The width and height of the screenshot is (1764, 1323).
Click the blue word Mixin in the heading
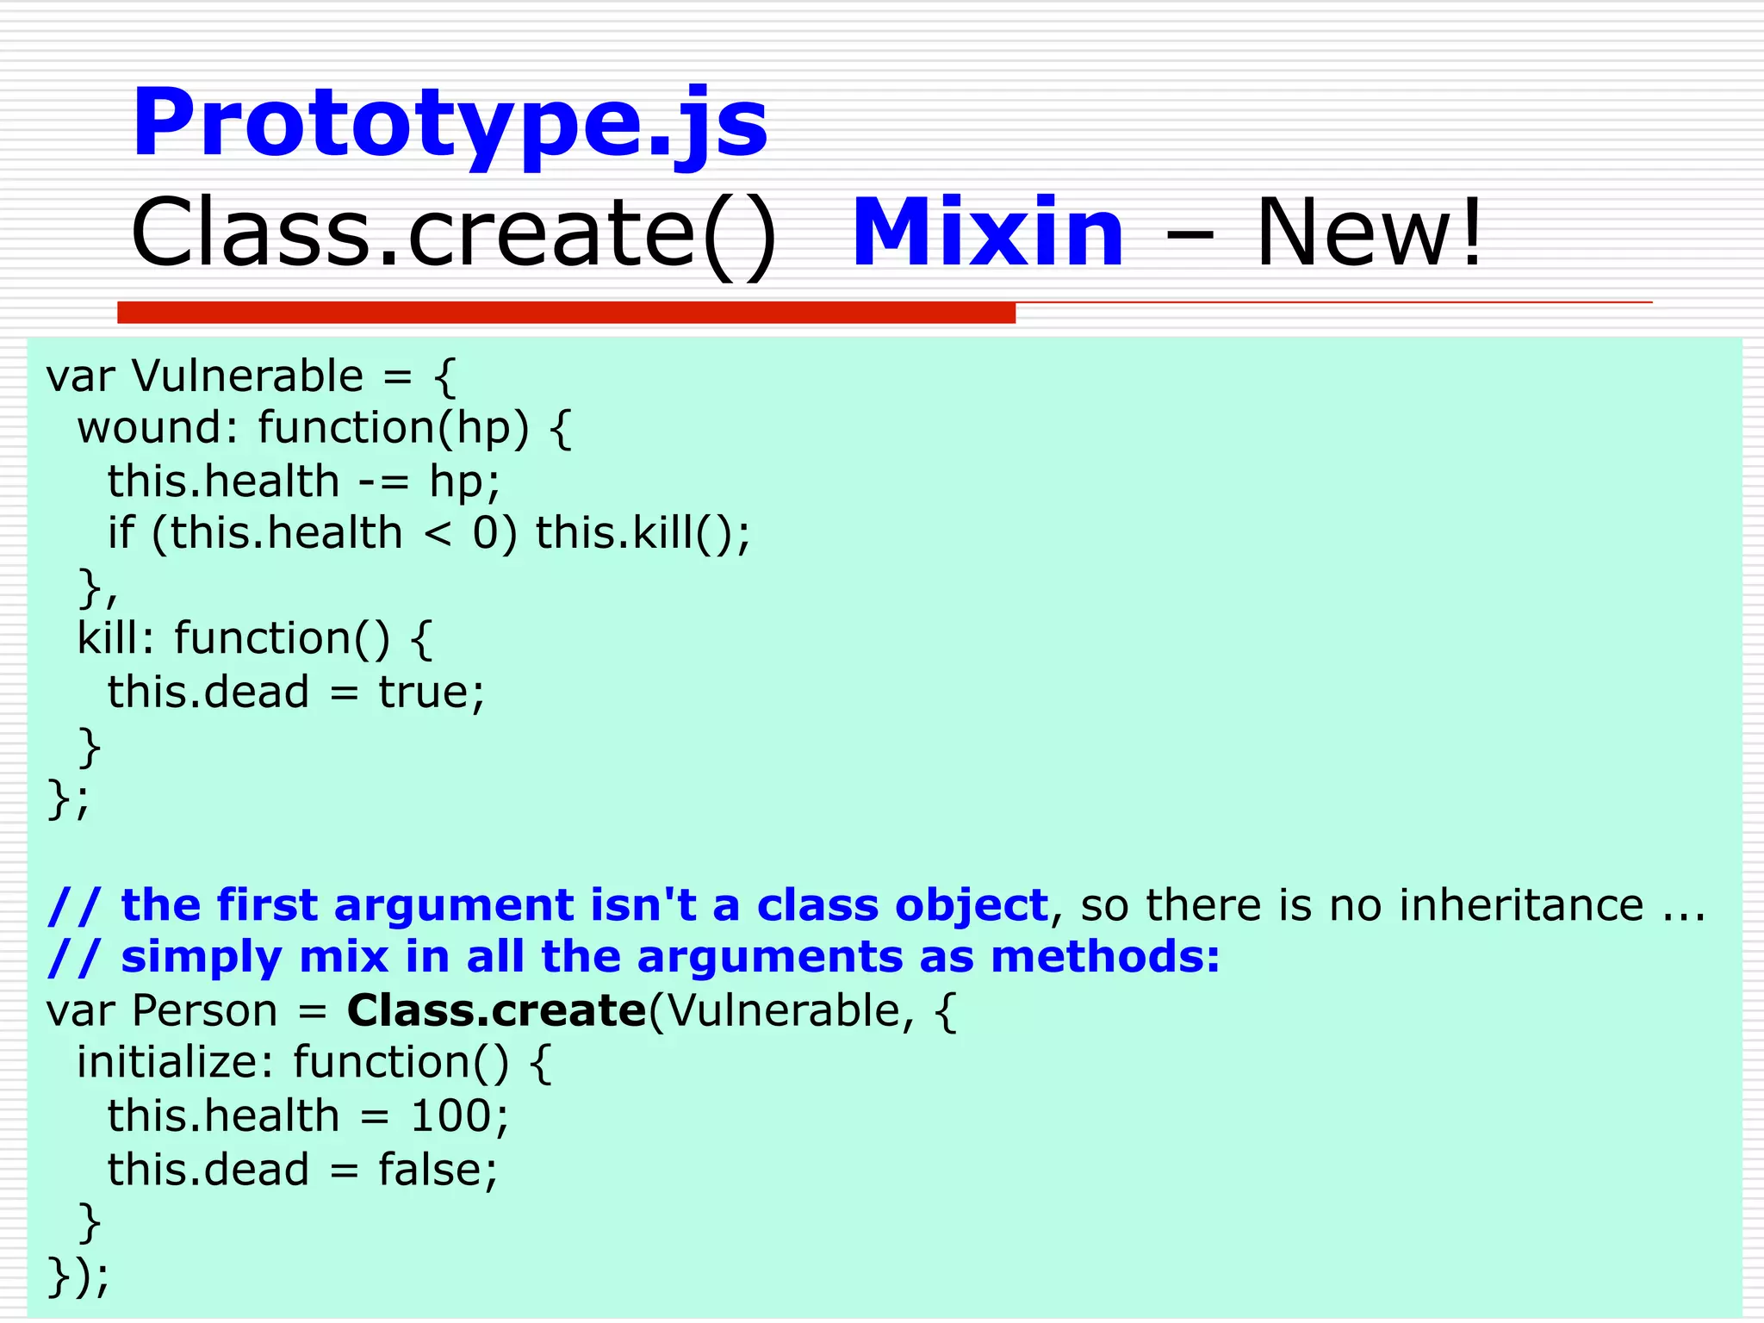[x=987, y=233]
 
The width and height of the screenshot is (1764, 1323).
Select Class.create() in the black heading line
[x=454, y=233]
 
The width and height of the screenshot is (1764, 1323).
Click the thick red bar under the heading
[x=566, y=313]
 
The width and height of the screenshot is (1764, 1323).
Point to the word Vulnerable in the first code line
[x=248, y=376]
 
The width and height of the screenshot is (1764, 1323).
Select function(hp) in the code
[x=393, y=428]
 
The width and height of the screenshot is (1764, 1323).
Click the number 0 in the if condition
[x=485, y=534]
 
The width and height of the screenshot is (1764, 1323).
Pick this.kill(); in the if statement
[x=643, y=534]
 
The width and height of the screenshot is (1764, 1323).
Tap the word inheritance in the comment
[x=1521, y=905]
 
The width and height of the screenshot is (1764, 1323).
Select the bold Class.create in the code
[x=496, y=1010]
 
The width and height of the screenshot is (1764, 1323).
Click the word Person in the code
[x=205, y=1010]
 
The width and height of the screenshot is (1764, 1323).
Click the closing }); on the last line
[x=78, y=1276]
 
